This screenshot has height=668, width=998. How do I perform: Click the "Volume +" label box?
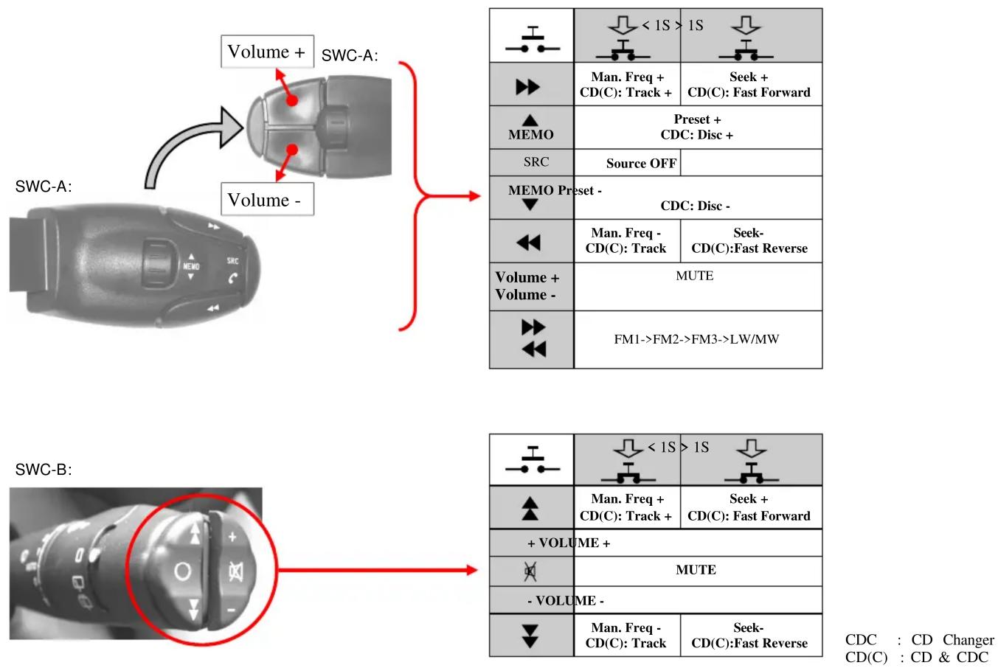(x=267, y=52)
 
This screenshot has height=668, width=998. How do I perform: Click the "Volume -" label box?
(x=267, y=199)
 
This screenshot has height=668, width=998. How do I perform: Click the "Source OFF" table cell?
(x=627, y=163)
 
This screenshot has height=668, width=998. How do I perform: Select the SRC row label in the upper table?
(x=536, y=161)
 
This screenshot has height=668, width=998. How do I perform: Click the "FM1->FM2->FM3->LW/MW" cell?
(x=698, y=339)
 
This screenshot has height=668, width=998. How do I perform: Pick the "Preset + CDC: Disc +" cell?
(x=698, y=128)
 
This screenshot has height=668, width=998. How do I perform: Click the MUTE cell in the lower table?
(x=698, y=571)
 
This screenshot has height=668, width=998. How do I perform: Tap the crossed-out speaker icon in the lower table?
(x=530, y=571)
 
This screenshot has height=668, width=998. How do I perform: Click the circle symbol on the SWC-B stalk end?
(x=182, y=571)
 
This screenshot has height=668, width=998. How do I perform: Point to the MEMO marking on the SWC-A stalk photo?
(x=191, y=266)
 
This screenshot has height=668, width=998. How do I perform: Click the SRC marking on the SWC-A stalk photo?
(x=232, y=260)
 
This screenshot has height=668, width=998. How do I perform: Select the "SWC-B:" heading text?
(x=44, y=470)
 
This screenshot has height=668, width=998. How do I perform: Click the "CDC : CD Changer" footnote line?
(x=919, y=640)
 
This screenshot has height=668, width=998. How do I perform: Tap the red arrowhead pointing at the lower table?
(x=472, y=570)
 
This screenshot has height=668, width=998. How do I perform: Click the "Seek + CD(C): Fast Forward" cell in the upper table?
(x=751, y=84)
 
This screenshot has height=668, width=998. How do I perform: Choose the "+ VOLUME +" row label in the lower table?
(x=569, y=543)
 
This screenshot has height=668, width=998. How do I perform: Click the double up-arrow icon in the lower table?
(x=530, y=509)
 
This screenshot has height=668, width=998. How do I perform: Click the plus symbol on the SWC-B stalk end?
(x=232, y=537)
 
